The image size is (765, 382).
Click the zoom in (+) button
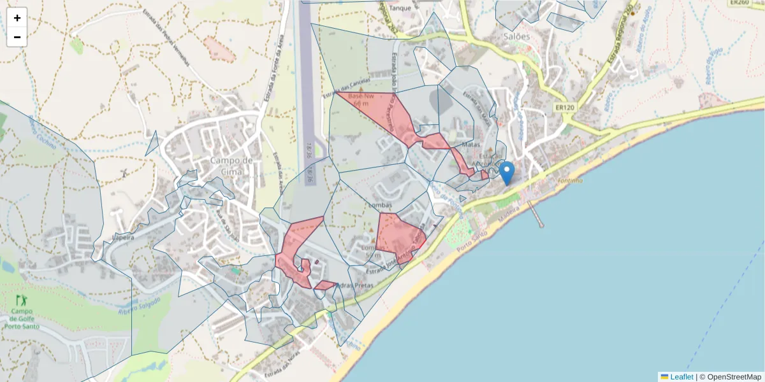pyautogui.click(x=17, y=18)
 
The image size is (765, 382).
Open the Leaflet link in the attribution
pyautogui.click(x=681, y=377)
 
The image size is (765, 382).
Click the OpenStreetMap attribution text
pyautogui.click(x=734, y=377)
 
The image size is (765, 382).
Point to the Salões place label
pyautogui.click(x=516, y=36)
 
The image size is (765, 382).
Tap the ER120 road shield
pyautogui.click(x=565, y=108)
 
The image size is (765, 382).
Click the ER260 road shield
pyautogui.click(x=739, y=3)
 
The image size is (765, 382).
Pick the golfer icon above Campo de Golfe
pyautogui.click(x=22, y=300)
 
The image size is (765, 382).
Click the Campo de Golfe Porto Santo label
pyautogui.click(x=22, y=319)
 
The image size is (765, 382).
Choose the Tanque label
pyautogui.click(x=400, y=8)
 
